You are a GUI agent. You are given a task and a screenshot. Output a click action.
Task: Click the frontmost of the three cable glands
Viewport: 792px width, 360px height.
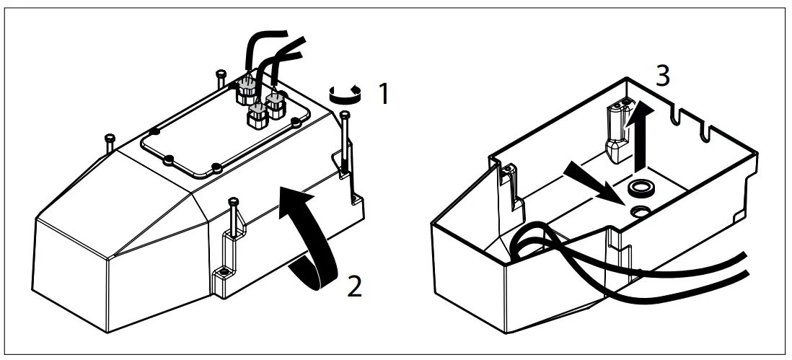(256, 115)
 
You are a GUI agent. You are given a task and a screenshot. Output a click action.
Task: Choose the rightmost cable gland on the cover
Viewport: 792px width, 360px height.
(276, 105)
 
